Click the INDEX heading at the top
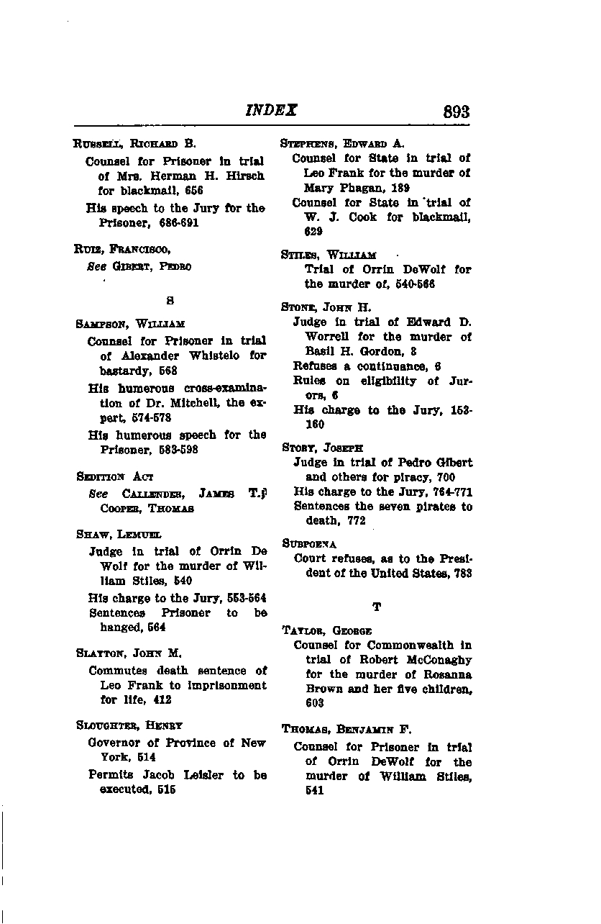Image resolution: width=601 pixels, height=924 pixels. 272,110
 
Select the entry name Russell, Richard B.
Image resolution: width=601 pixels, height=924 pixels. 135,143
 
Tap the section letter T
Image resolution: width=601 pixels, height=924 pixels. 376,607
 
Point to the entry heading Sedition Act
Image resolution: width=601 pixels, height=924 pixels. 114,476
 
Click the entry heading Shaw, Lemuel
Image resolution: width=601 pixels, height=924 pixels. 119,534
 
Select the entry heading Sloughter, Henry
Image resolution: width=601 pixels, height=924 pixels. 129,725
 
